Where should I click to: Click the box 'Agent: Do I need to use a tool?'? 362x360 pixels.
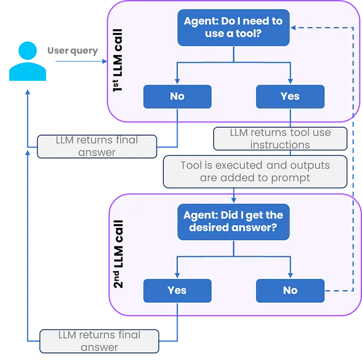[x=233, y=28]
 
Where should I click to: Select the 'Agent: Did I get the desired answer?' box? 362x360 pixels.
[x=233, y=221]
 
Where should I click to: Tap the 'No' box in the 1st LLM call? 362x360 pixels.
[x=177, y=97]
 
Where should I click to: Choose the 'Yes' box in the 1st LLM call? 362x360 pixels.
[x=290, y=97]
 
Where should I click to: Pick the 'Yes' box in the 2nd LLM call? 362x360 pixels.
[x=177, y=290]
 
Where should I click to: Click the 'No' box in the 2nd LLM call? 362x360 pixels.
[x=290, y=290]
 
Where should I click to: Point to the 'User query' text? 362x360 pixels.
[x=72, y=51]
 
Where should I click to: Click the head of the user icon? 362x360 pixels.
[x=28, y=51]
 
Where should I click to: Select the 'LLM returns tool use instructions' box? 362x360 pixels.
[x=280, y=139]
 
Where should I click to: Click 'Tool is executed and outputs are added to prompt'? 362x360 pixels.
[x=255, y=171]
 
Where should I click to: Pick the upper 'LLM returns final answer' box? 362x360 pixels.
[x=97, y=146]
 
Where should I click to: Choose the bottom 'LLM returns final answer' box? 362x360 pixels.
[x=99, y=340]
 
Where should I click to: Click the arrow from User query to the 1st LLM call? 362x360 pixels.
[x=80, y=61]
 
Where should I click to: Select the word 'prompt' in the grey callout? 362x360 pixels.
[x=293, y=177]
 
